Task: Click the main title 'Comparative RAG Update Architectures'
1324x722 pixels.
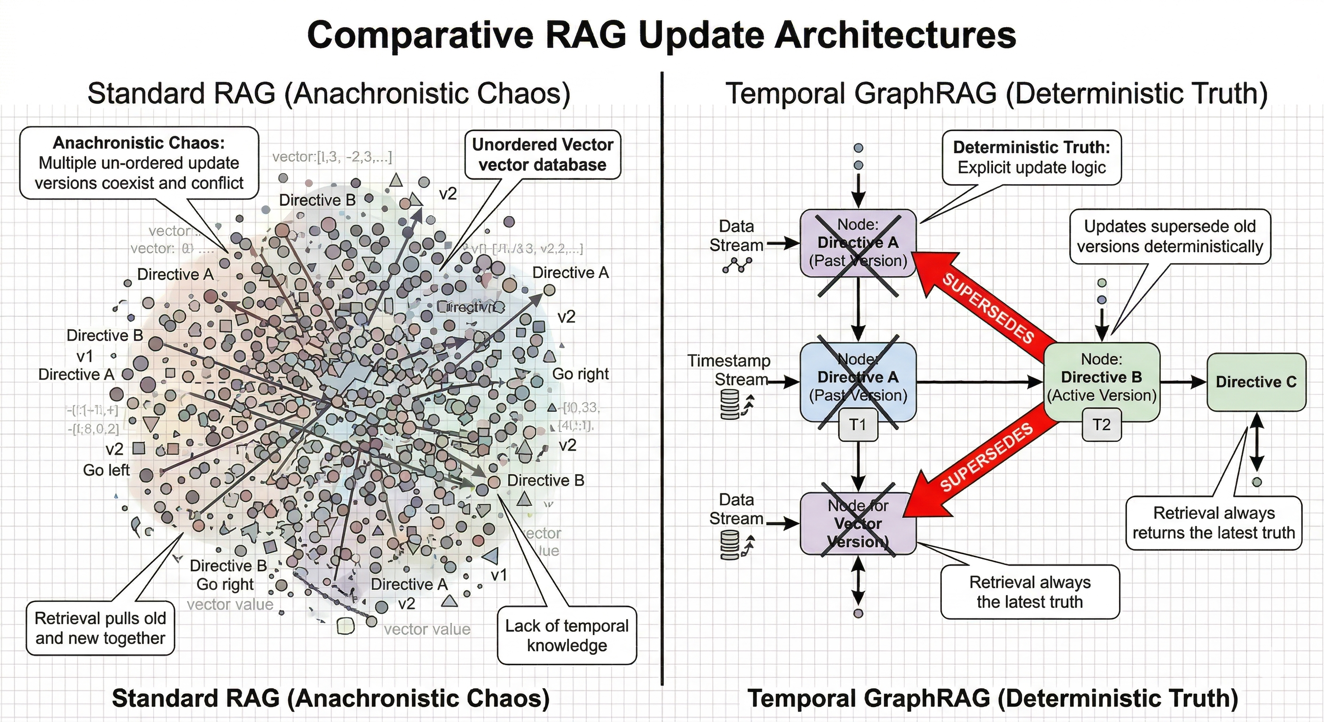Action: tap(662, 35)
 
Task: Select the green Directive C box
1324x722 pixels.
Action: tap(1256, 382)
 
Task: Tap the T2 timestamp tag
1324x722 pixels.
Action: tap(1101, 424)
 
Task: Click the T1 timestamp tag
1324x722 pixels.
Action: tap(857, 424)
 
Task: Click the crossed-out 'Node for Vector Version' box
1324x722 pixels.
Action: tap(858, 523)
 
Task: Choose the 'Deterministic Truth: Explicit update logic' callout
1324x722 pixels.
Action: tap(1031, 157)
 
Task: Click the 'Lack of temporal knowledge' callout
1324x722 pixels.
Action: tap(567, 635)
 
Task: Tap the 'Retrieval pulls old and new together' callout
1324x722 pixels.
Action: tap(100, 628)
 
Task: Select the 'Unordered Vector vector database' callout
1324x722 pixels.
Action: tap(542, 155)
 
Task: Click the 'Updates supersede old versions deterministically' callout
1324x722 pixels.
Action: tap(1169, 236)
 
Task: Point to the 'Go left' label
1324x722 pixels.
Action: tap(106, 470)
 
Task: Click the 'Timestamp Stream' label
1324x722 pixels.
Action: tap(729, 370)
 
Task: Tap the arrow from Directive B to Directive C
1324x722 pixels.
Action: tap(1182, 382)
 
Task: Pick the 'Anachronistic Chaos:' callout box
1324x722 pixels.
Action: tap(139, 162)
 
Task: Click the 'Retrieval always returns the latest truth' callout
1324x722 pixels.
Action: tap(1214, 523)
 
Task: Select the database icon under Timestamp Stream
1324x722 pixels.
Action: tap(730, 404)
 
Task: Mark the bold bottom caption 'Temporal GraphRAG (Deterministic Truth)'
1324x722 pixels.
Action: tap(993, 698)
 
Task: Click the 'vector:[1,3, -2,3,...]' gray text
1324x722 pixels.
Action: tap(332, 156)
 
